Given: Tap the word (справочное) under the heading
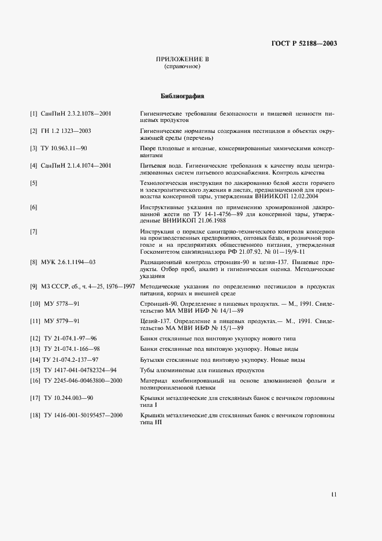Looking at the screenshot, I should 182,67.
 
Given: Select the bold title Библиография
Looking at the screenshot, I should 182,96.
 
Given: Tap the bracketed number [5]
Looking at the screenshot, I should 34,183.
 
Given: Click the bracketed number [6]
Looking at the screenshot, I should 34,207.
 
